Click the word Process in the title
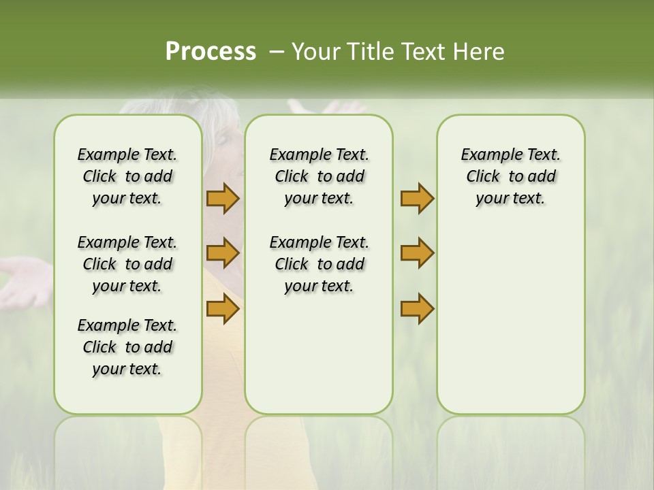(211, 52)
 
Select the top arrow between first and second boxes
(223, 198)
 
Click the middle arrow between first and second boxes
(223, 253)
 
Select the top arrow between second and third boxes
(417, 198)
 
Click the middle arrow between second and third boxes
(417, 253)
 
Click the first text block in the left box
(127, 176)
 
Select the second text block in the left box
(127, 264)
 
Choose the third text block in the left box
(127, 347)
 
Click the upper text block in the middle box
(319, 176)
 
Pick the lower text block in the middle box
(319, 264)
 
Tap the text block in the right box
(510, 176)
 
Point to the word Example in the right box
(487, 155)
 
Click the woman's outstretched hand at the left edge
(24, 279)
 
